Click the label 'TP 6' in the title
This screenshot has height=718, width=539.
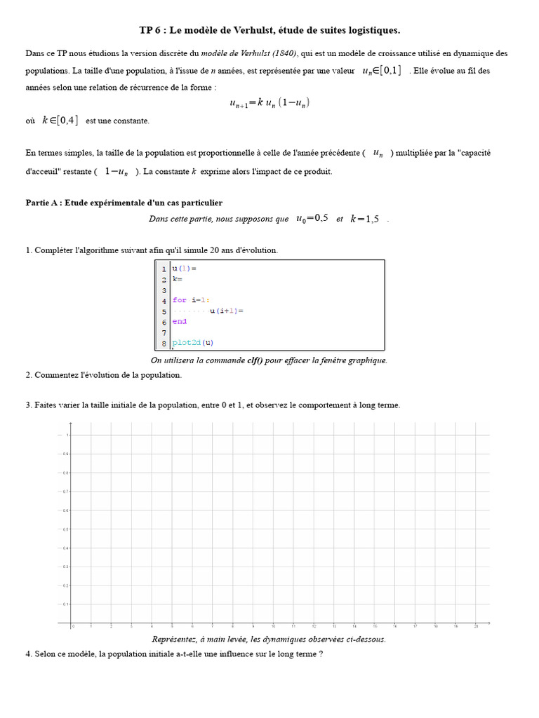point(149,30)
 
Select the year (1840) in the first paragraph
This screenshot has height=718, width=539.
point(285,53)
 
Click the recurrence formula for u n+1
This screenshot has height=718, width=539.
point(269,103)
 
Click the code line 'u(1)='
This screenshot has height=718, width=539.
point(184,269)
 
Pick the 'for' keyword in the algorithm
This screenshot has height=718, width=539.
point(180,300)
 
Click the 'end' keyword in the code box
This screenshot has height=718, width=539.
point(180,321)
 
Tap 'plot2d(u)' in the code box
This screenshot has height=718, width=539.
point(193,343)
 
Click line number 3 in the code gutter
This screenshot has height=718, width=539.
point(164,290)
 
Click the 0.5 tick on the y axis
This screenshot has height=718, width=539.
point(67,529)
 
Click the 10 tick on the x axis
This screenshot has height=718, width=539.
point(274,626)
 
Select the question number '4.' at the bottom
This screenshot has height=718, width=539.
point(29,654)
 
